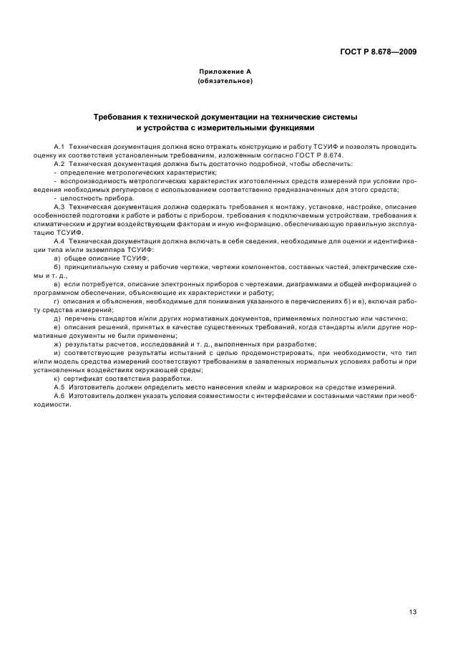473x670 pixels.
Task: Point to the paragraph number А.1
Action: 59,146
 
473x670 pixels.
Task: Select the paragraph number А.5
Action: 59,387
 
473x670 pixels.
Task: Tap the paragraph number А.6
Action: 59,395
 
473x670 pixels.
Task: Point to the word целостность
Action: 76,198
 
